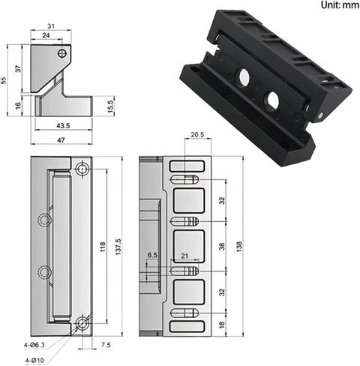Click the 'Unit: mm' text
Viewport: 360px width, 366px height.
[339, 5]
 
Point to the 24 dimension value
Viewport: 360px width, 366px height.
[46, 35]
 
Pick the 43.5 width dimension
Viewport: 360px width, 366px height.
[62, 124]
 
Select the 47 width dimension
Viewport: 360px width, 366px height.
[62, 139]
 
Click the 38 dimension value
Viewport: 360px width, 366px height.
[222, 245]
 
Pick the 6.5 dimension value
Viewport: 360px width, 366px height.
[153, 256]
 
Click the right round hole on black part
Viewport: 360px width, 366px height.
[271, 100]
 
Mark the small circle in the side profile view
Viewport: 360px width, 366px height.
[63, 54]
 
